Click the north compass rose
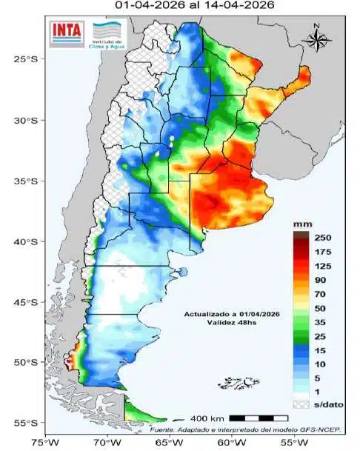point(316,39)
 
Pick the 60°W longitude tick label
point(227,443)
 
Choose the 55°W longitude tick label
point(287,443)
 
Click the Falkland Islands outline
point(236,383)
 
